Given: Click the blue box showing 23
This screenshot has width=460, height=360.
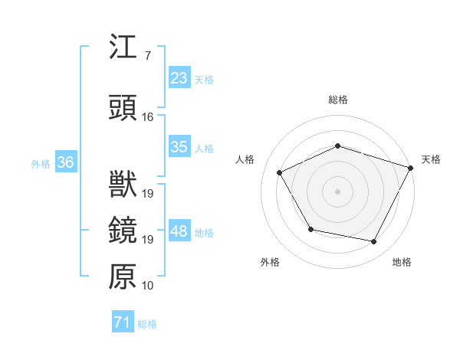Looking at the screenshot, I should (x=179, y=78).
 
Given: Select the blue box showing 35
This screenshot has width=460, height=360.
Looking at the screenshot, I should (x=179, y=147).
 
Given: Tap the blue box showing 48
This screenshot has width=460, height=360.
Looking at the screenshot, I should (x=179, y=232).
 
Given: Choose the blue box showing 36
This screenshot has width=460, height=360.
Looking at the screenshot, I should (x=66, y=162).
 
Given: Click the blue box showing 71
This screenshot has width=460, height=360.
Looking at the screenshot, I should (x=122, y=322).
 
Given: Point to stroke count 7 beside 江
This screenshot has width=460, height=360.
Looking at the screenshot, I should (x=147, y=55).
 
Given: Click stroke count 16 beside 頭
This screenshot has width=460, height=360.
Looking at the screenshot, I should (x=148, y=117).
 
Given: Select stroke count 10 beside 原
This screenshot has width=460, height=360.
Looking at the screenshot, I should (x=148, y=286).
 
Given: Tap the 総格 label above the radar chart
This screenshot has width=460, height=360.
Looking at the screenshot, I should (x=338, y=100).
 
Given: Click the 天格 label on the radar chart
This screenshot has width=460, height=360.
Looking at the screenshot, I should (x=432, y=159).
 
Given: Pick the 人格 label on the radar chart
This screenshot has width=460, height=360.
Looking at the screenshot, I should (x=245, y=159).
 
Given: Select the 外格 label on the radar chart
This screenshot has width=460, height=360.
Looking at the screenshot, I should (x=270, y=262).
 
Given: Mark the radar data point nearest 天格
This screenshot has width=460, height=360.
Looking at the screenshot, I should (x=411, y=167).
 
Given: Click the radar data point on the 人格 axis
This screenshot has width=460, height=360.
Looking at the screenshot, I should (x=280, y=173).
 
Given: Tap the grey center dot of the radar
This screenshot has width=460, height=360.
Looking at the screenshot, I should (x=338, y=191).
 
